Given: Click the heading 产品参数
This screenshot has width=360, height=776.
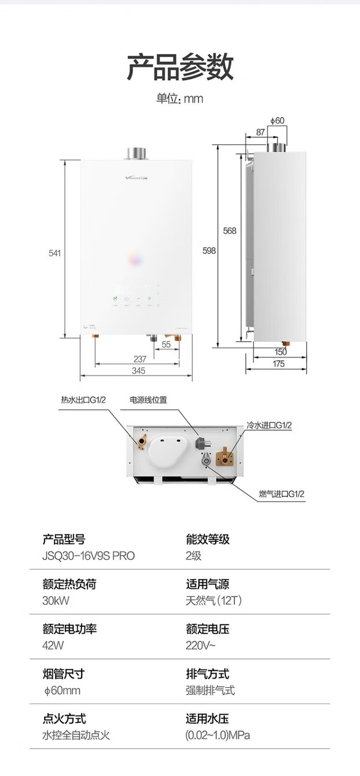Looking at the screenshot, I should (180, 67).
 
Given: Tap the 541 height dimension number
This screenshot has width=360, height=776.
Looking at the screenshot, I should (55, 252).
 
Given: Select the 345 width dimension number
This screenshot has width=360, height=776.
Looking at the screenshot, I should (138, 370).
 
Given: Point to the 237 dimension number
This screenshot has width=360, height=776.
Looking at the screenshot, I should (140, 359).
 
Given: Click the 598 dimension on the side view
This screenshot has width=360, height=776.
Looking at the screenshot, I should (209, 251).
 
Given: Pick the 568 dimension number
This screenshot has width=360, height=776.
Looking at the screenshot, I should (230, 231).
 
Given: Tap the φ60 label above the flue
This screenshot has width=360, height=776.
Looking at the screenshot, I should (277, 120).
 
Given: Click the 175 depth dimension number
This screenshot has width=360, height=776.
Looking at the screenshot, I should (278, 364).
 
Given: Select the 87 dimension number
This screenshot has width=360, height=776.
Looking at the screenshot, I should (260, 132).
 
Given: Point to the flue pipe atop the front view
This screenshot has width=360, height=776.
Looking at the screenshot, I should (137, 153).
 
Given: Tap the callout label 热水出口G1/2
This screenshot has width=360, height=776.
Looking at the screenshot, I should (84, 400).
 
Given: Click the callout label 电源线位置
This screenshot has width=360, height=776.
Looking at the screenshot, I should (148, 400).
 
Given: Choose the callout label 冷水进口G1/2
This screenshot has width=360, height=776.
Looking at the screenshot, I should (269, 425).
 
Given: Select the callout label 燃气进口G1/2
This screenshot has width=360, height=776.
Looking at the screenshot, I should (281, 494).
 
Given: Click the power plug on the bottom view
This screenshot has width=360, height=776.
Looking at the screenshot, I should (201, 442).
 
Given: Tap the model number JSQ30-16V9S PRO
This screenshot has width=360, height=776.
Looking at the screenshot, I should (89, 556).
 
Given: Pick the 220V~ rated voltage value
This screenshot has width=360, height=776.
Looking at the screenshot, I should (201, 645).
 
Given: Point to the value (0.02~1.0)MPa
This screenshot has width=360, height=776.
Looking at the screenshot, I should (217, 735).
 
